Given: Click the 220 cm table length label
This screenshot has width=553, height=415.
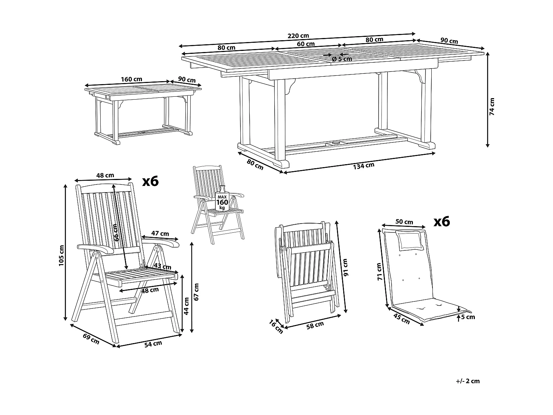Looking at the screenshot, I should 298,36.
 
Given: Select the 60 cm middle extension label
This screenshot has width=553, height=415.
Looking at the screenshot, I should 306,44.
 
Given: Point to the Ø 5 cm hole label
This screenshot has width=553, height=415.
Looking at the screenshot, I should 342,59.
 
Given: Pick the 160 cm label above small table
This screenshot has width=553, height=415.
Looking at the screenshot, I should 131,79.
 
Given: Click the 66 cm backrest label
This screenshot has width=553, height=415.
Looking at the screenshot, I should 116,232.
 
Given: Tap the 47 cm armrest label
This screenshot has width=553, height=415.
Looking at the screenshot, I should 160,234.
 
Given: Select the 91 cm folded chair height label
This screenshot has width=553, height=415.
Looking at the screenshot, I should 345,267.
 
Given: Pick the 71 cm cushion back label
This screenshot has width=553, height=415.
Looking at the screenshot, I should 379,272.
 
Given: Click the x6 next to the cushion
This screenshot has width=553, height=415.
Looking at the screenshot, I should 441,221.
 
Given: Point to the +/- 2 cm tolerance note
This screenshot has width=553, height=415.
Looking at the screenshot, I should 468,381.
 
